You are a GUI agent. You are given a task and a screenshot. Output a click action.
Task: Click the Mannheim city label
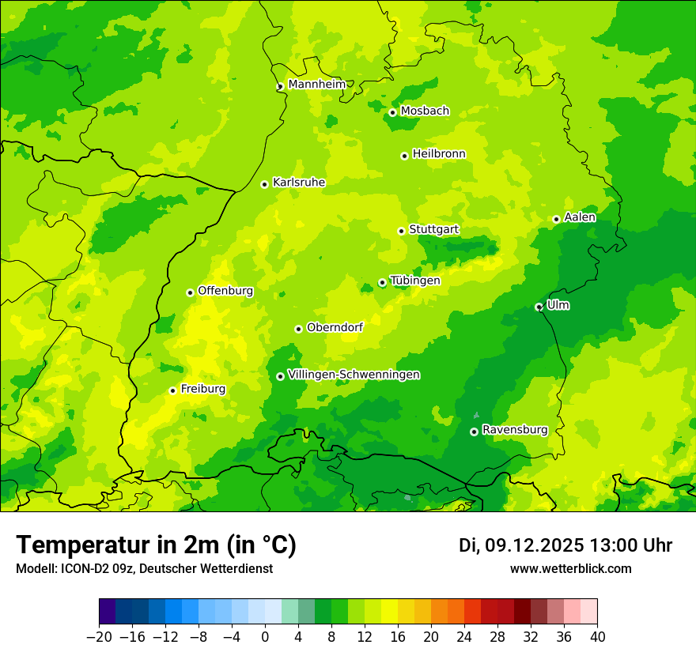tap(317, 85)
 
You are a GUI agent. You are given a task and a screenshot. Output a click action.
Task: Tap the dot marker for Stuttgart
tap(401, 231)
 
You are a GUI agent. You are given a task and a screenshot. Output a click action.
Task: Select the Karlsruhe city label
tap(299, 183)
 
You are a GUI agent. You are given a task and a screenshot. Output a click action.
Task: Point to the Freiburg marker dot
tap(172, 390)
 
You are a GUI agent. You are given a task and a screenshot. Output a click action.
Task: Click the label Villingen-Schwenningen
tap(354, 375)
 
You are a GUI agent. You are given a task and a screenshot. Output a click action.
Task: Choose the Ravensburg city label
tap(515, 430)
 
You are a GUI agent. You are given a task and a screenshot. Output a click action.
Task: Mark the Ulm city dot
tap(539, 307)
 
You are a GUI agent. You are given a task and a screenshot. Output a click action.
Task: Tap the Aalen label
tap(580, 217)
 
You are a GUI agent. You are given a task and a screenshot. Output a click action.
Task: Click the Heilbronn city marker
tap(404, 156)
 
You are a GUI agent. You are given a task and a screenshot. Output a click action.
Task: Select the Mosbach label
tap(425, 111)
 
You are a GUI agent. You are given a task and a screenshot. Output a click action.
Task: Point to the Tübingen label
tap(415, 281)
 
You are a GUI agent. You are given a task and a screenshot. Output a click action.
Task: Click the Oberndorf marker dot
tap(298, 329)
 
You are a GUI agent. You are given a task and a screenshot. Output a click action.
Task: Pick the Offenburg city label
tap(225, 291)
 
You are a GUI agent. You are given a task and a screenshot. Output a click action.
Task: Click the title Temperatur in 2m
tap(157, 545)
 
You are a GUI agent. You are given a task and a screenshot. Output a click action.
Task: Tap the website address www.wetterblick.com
tap(571, 568)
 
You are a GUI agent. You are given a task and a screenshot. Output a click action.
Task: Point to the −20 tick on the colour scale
tap(100, 637)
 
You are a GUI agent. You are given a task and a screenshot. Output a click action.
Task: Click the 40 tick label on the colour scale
tap(597, 637)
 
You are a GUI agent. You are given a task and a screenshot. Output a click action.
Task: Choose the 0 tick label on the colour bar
tap(265, 637)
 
